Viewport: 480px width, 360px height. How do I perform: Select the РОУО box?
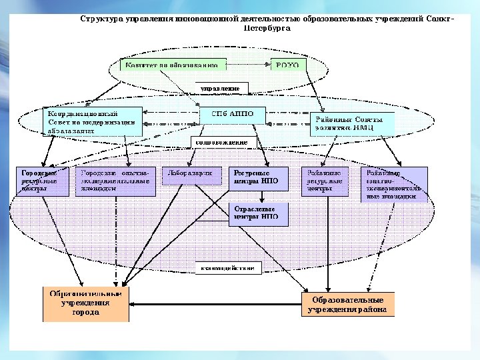pos(288,65)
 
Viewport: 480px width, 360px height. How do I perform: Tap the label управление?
pos(221,87)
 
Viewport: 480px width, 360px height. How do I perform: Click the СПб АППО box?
pos(233,114)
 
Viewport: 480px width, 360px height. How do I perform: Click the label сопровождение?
pos(220,142)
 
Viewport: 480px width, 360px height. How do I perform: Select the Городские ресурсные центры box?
pos(41,181)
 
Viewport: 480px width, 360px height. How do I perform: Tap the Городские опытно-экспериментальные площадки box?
pos(115,181)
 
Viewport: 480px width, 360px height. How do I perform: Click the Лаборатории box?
pos(191,175)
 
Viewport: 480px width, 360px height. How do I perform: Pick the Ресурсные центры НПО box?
pos(259,180)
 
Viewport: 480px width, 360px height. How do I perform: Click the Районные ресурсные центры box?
pos(325,181)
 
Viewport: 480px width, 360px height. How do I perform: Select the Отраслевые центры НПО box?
pos(259,213)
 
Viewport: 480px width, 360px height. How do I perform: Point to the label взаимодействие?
pos(228,268)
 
